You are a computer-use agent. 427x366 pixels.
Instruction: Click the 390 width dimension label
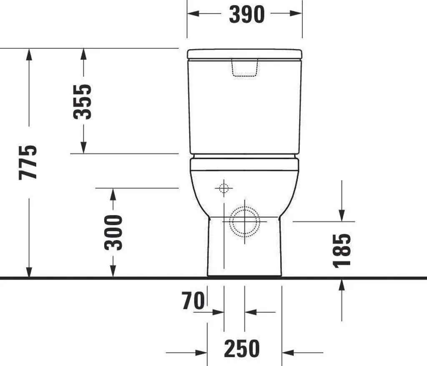tap(247, 15)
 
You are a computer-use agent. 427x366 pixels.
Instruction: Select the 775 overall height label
tap(28, 163)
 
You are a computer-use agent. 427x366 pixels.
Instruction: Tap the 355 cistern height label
tap(82, 102)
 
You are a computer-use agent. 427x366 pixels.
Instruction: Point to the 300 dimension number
tap(113, 233)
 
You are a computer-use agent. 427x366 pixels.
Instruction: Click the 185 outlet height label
tap(342, 251)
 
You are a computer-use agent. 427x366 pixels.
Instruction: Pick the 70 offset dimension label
tap(193, 301)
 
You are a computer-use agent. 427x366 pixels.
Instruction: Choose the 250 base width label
tap(242, 348)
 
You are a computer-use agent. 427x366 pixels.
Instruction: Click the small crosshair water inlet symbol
tap(224, 188)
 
